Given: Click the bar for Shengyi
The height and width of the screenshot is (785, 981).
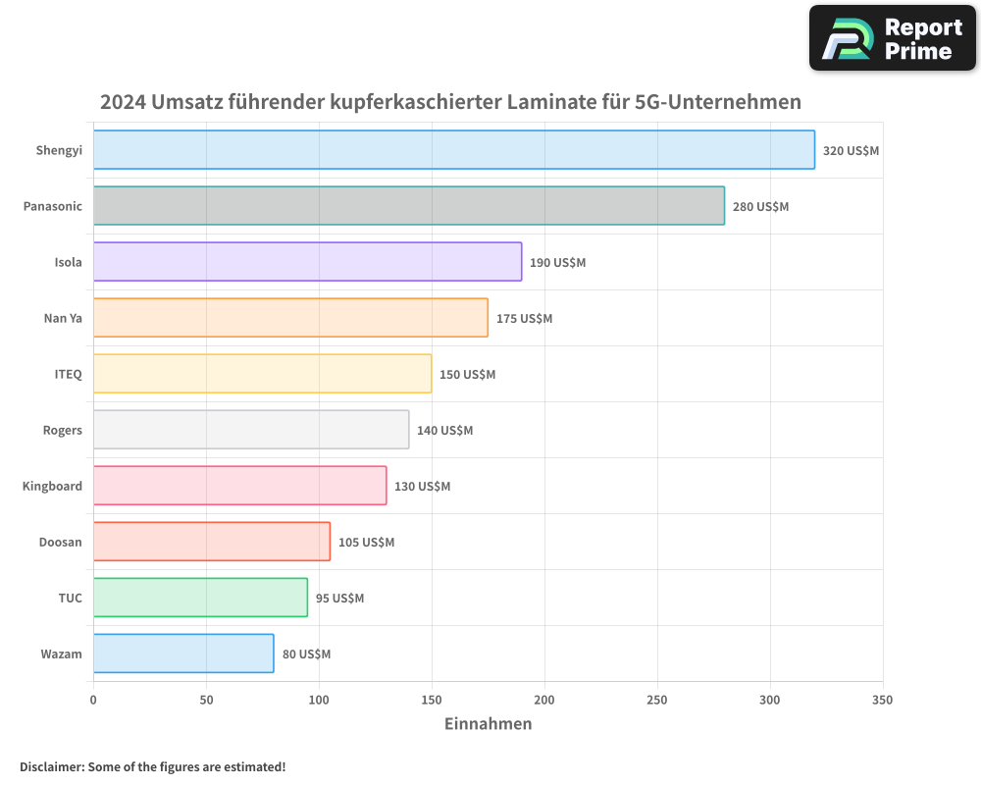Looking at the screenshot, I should coord(453,150).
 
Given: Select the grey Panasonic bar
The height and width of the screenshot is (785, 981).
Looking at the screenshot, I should coord(409,206).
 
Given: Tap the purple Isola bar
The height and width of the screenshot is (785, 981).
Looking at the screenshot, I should coord(307,262).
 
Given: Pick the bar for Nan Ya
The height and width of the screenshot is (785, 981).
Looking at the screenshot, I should coord(290,318).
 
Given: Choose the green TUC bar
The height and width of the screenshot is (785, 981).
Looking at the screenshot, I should coord(200,598).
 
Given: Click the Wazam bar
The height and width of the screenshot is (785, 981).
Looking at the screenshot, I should coord(183,654).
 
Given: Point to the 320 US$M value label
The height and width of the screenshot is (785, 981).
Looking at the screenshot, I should coord(851,151).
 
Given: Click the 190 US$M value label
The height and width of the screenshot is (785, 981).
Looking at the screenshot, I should coord(557,263).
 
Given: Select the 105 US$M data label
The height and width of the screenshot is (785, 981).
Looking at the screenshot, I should coord(366,543).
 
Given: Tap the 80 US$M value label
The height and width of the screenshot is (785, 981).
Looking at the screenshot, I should coord(306,654).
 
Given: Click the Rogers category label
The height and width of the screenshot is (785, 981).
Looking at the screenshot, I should coord(63,431).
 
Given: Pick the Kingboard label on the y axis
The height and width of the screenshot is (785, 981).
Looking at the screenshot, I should coord(53,487).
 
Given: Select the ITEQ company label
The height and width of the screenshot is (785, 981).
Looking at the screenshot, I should coord(69,375).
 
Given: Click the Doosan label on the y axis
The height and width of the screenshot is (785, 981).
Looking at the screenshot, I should coord(61,543).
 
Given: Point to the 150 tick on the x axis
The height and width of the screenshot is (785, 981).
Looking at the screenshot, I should coord(432,701).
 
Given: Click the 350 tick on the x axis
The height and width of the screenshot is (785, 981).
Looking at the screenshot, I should coord(883,701).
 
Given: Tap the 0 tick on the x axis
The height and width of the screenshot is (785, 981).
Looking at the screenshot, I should coord(93,701).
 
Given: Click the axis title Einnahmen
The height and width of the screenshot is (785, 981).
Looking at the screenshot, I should coord(488,724).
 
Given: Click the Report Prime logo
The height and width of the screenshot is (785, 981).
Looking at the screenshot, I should coord(892,38).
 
